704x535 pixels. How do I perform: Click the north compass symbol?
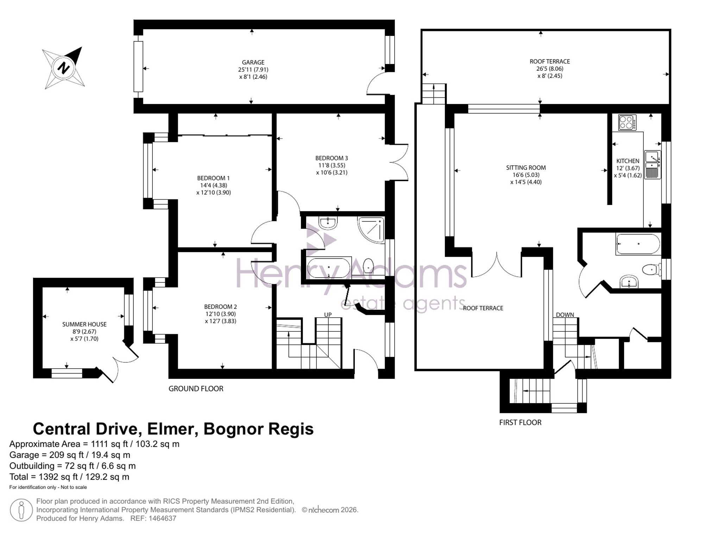[x=63, y=68]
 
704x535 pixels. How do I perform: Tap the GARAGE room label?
[x=253, y=62]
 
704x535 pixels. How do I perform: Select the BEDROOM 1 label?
[x=213, y=178]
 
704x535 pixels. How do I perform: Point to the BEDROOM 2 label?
[x=220, y=307]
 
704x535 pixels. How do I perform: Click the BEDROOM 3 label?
[x=332, y=158]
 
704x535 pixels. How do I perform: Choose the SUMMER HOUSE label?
[x=84, y=324]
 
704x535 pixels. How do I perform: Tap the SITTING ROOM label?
[x=526, y=168]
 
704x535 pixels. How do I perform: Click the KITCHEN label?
[x=628, y=161]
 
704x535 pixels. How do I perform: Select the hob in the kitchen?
[x=627, y=122]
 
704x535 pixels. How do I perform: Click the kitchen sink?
[x=653, y=165]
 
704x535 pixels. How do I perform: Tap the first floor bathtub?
[x=638, y=244]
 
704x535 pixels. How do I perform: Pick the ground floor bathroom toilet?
[x=368, y=266]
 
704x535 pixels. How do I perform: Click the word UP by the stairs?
[x=328, y=315]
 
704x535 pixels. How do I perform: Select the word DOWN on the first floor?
[x=565, y=315]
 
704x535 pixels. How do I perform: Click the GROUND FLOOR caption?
[x=196, y=389]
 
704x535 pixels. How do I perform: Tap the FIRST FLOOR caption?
[x=520, y=422]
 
